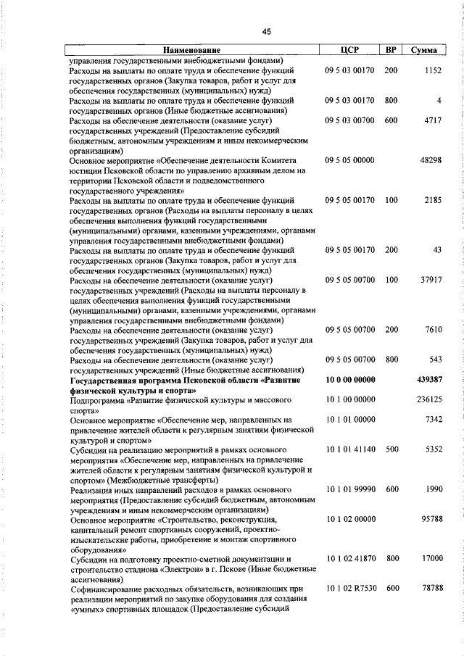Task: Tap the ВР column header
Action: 391,50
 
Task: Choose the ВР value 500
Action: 391,449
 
